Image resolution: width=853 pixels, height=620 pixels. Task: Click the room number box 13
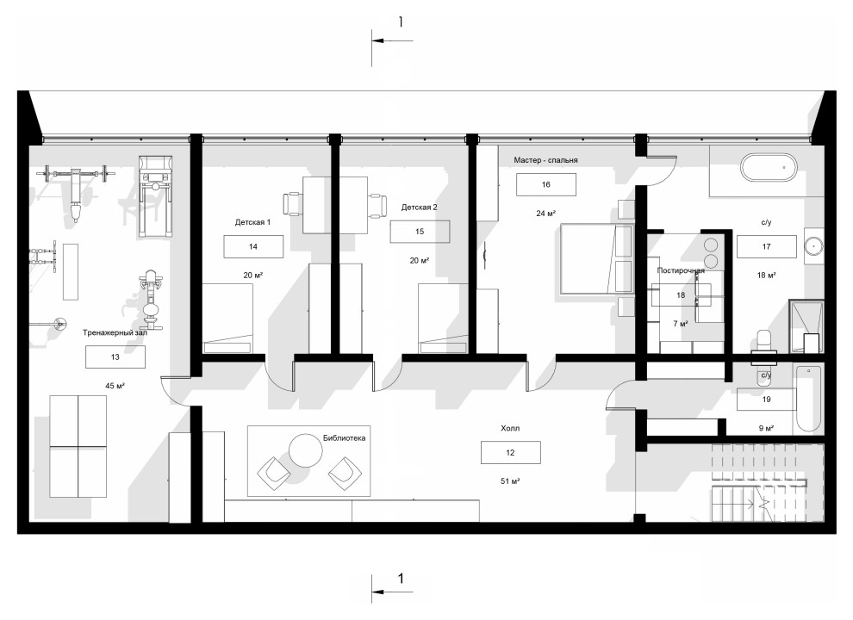click(x=115, y=357)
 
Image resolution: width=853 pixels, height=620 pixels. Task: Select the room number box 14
click(x=253, y=247)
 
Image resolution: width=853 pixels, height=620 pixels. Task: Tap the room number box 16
click(x=546, y=184)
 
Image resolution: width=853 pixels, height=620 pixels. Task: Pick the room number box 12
click(x=510, y=452)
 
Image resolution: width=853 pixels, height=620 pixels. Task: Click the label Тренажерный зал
click(x=115, y=332)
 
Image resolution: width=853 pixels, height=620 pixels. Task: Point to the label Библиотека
click(x=344, y=437)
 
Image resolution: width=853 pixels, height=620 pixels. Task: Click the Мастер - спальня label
click(x=545, y=160)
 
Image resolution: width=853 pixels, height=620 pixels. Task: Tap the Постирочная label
click(x=681, y=270)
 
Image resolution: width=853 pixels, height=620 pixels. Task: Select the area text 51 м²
click(x=510, y=480)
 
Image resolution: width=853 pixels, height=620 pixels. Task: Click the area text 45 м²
click(x=115, y=386)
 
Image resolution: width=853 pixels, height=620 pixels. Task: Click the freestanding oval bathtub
click(x=769, y=168)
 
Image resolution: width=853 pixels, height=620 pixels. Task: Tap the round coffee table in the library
click(x=306, y=450)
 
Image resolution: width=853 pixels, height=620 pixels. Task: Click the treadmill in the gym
click(x=155, y=196)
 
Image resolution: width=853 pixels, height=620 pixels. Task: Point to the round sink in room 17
click(x=814, y=246)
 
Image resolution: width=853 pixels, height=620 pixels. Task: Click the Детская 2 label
click(x=419, y=208)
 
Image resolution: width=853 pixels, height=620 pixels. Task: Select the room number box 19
click(x=767, y=400)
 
